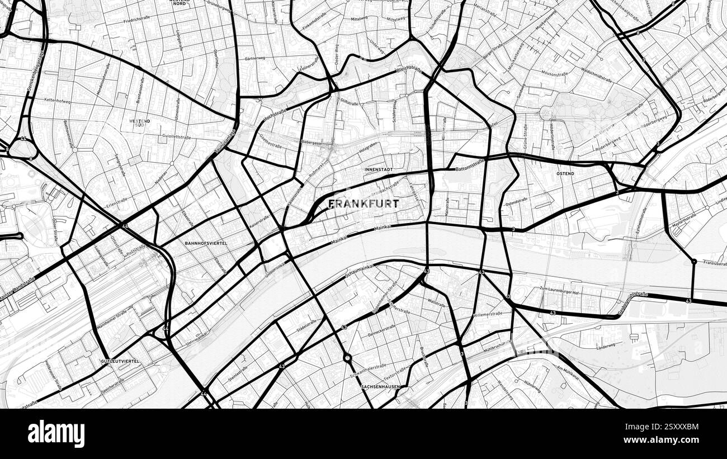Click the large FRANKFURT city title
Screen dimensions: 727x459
(x=363, y=204)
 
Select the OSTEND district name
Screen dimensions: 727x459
(x=565, y=174)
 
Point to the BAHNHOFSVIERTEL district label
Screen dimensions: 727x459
(x=206, y=243)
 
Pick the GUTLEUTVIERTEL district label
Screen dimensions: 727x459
(x=120, y=362)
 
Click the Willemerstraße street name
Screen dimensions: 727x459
(x=487, y=314)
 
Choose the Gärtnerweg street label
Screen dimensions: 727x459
(x=254, y=58)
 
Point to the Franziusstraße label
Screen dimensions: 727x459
(x=715, y=262)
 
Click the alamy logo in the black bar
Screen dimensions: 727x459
(x=56, y=434)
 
